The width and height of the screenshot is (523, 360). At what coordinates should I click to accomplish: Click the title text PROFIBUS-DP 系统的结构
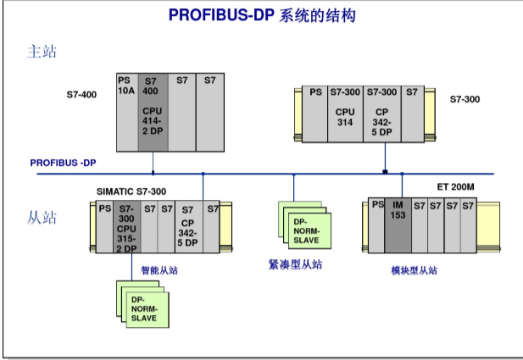[x=261, y=15]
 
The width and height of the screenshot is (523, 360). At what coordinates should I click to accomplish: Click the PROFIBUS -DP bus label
[x=64, y=163]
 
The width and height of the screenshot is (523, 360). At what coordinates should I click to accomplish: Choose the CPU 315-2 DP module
[x=126, y=227]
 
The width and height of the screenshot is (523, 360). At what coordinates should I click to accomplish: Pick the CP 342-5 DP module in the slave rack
[x=188, y=227]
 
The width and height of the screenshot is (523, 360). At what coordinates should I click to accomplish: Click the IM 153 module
[x=398, y=225]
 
